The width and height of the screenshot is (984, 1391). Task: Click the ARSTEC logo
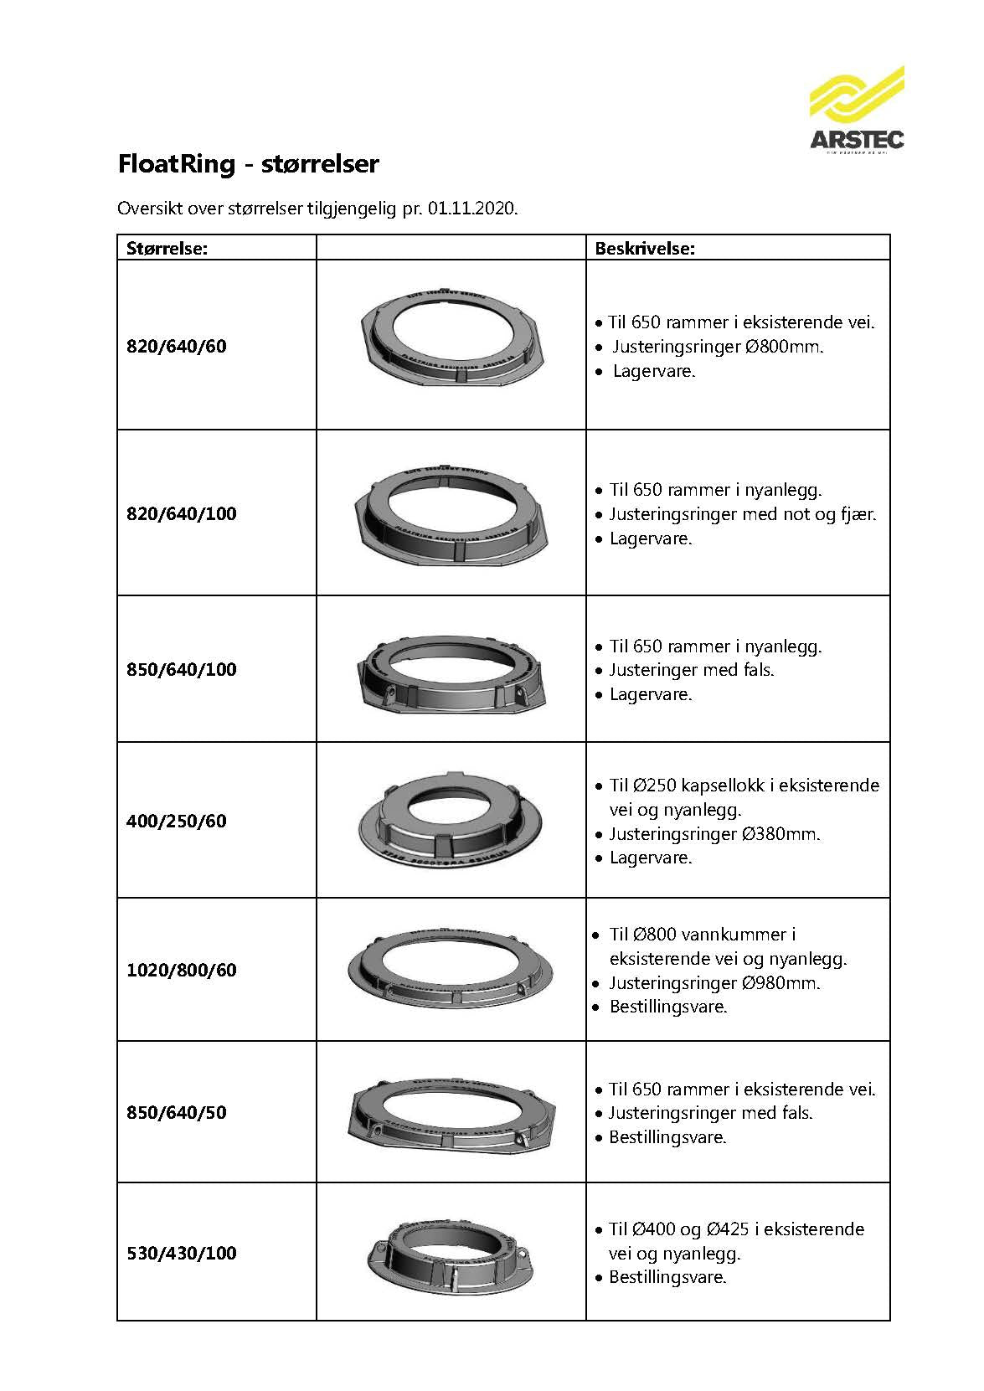pos(856,110)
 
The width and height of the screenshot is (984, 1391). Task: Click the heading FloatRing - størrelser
pos(248,163)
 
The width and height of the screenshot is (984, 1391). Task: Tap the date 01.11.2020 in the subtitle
pos(471,209)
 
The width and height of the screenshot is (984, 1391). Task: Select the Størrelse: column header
pos(167,248)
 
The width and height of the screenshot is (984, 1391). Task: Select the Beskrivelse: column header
pos(645,248)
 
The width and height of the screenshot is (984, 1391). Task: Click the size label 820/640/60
pos(177,346)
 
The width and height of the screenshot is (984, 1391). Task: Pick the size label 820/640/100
pos(182,513)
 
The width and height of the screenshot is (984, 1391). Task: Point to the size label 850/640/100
pos(182,669)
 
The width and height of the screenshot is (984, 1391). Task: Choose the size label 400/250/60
pos(177,821)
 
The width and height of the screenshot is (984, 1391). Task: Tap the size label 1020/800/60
pos(182,970)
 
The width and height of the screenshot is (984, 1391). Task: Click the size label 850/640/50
pos(177,1112)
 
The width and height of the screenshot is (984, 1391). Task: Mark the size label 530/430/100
pos(182,1253)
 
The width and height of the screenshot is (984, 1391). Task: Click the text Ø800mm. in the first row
pos(783,347)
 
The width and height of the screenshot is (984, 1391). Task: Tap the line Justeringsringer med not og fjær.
pos(742,514)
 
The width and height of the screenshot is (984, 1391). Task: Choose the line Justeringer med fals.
pos(691,670)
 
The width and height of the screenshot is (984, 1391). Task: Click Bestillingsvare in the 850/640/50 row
pos(667,1137)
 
